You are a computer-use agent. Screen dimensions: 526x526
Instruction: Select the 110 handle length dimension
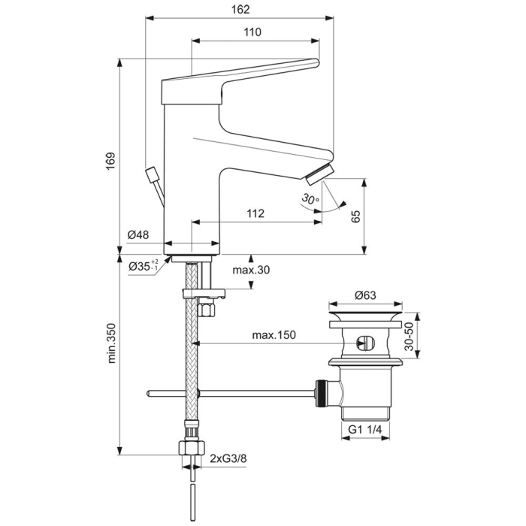point(252,32)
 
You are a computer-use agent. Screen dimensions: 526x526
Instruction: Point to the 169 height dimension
point(110,159)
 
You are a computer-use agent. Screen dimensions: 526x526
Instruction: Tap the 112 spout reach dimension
point(255,213)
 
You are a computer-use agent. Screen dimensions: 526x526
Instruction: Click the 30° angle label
point(308,199)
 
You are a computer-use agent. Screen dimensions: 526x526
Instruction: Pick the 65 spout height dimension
point(357,216)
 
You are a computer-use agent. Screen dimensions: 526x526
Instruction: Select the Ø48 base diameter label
point(138,234)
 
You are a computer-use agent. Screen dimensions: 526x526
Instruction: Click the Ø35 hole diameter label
point(143,267)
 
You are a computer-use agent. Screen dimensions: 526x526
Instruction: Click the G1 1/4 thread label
point(365,431)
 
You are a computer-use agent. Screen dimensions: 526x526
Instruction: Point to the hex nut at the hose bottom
point(192,448)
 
